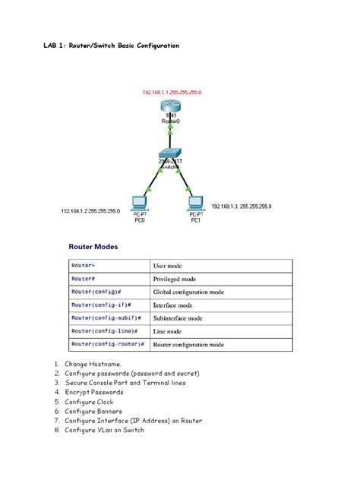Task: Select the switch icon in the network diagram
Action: (x=172, y=153)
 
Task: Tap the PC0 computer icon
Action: (x=139, y=204)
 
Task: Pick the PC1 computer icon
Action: (x=195, y=203)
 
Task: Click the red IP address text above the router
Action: (x=172, y=92)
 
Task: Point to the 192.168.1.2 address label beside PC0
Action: (x=90, y=210)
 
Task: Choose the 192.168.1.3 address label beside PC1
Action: (x=242, y=206)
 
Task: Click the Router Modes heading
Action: (x=93, y=246)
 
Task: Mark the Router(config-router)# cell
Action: (x=108, y=344)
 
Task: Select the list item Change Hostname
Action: (x=93, y=365)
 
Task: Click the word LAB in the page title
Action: (x=51, y=46)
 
